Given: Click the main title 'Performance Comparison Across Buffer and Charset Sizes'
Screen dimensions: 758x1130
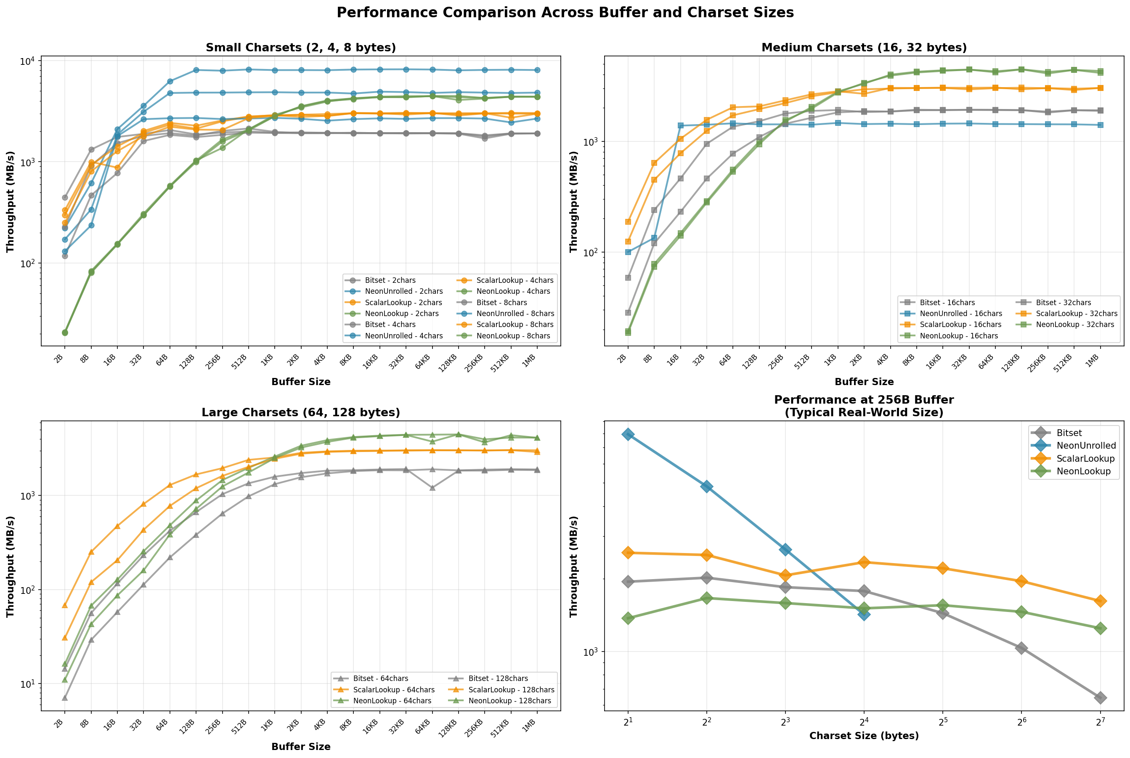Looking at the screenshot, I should (565, 13).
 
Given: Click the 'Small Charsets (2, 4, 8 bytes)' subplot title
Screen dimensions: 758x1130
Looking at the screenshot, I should (300, 48).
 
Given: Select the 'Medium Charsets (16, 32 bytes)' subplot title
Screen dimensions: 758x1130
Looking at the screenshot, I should (864, 48).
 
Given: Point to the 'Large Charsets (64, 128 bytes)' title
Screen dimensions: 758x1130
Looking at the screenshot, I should (300, 412).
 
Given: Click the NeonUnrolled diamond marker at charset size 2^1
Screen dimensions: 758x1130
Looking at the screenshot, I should (628, 434).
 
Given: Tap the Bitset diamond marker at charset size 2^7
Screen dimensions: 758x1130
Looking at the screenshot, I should (1100, 697).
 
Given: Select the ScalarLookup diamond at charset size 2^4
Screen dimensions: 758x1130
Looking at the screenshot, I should (864, 562).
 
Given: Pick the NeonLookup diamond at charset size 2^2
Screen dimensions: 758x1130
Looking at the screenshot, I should (706, 598).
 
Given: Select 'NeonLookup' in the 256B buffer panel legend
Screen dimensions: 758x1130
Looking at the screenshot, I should (1083, 471).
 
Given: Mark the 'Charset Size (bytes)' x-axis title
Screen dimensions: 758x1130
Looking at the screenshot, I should (864, 736).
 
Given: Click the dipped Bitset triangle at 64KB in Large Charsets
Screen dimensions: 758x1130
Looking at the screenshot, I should (432, 488).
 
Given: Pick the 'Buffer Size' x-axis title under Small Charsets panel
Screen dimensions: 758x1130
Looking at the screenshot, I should (300, 382).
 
